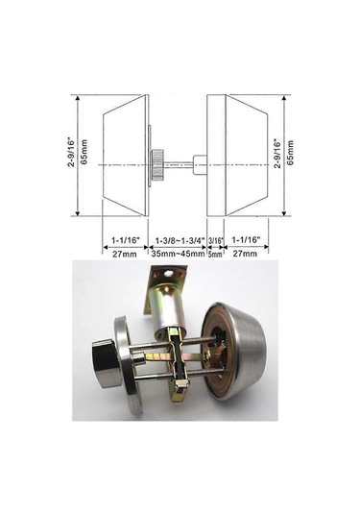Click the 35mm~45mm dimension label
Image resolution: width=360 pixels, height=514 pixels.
click(179, 254)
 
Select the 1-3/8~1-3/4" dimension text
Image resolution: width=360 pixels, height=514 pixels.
click(180, 241)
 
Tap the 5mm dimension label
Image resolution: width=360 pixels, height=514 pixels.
click(215, 254)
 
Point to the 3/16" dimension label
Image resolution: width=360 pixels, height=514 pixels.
click(216, 240)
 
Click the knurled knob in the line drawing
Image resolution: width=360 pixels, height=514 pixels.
click(156, 164)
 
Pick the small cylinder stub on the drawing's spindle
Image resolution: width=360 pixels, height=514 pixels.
click(200, 164)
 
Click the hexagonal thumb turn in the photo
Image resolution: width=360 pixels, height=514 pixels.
click(107, 364)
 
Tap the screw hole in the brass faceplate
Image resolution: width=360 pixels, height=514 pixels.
click(169, 273)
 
